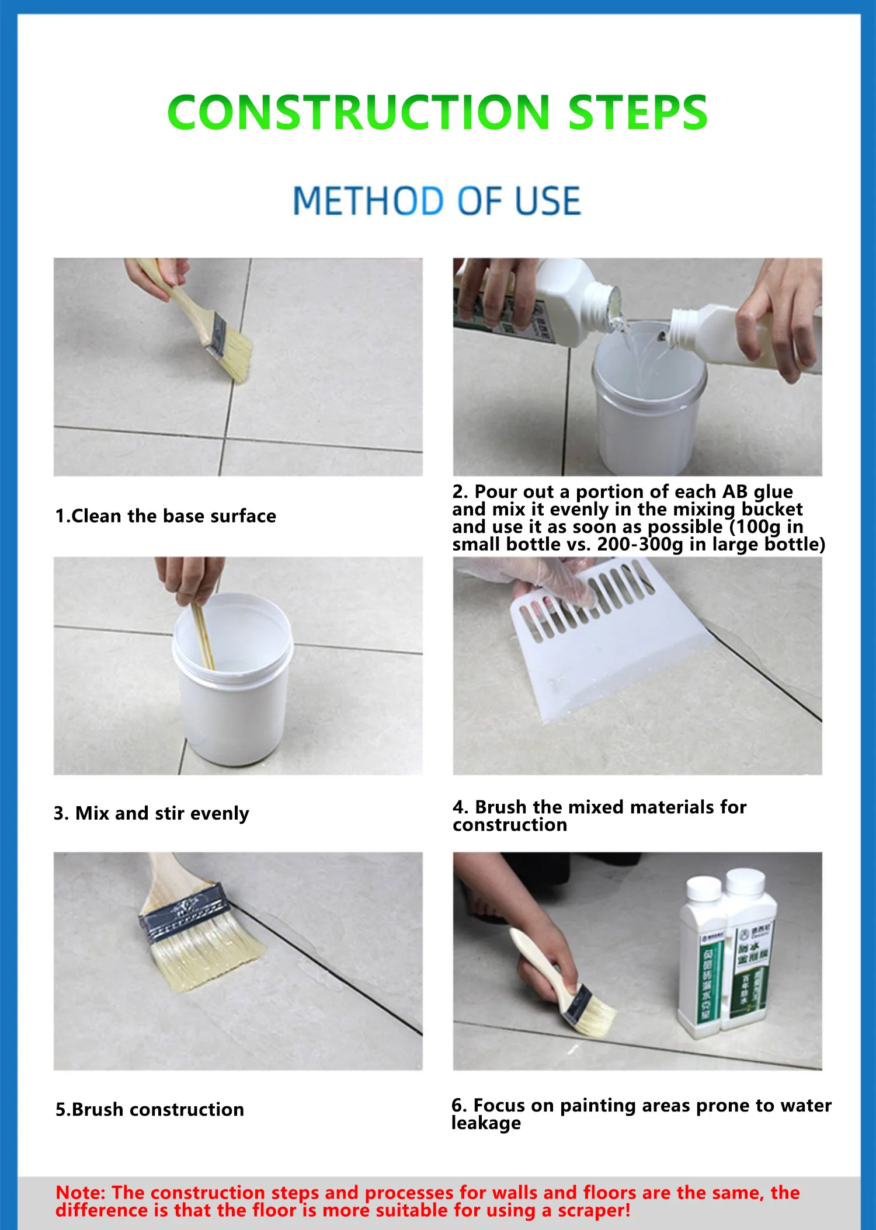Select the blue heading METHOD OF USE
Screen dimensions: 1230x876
coord(437,201)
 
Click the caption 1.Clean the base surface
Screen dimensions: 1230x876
coord(165,516)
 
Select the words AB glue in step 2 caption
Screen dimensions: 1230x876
coord(757,492)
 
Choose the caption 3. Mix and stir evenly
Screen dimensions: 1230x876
coord(151,813)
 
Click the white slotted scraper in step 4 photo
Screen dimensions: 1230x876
coord(602,648)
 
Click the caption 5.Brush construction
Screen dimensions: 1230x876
coord(150,1109)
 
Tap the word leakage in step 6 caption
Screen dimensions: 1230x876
coord(486,1123)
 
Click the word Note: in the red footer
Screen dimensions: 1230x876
coord(80,1192)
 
